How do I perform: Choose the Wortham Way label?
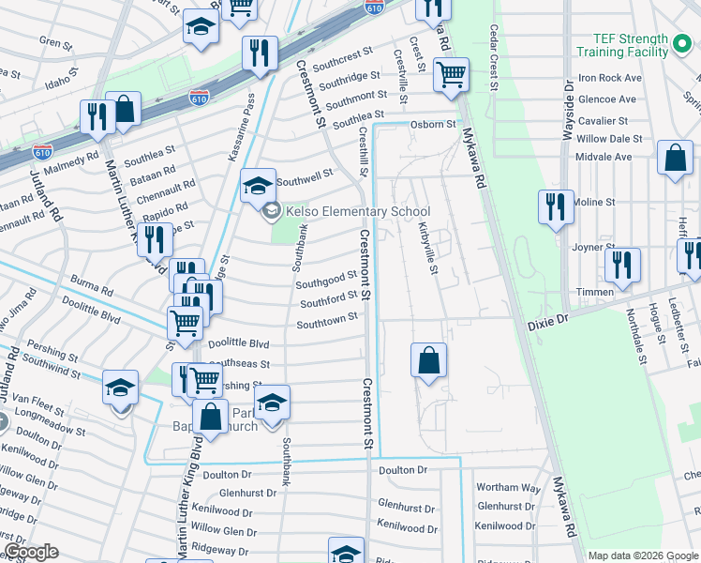[508, 488]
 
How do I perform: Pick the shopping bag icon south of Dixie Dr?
[428, 360]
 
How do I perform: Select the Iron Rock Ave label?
[610, 78]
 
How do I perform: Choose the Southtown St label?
[327, 319]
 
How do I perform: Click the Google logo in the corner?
[31, 552]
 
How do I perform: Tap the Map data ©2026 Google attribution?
[642, 555]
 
